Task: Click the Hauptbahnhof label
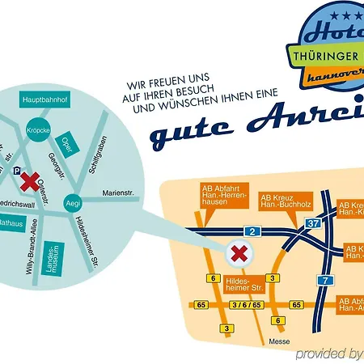coord(48,100)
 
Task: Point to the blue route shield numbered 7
coord(326,281)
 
